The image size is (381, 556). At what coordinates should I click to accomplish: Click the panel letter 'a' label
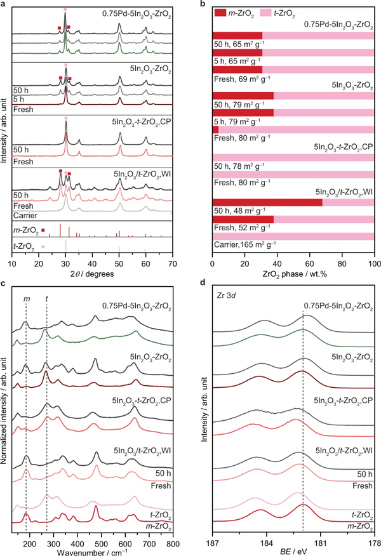click(3, 4)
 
